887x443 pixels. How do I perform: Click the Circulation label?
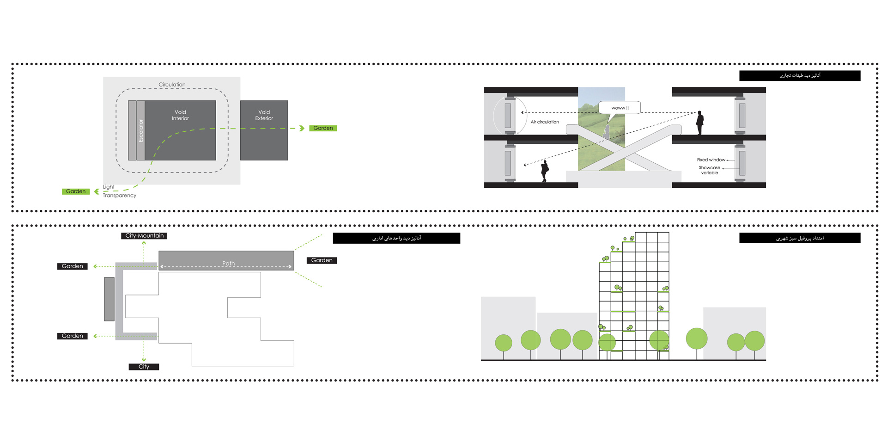click(x=172, y=85)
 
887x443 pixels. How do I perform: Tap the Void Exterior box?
click(x=264, y=130)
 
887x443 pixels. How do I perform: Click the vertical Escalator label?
click(x=141, y=130)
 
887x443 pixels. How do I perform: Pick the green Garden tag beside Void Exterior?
click(x=323, y=128)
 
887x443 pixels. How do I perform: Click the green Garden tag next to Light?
click(x=76, y=191)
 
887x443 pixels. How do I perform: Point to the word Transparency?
click(x=119, y=196)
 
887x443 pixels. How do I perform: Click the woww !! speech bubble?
click(x=620, y=108)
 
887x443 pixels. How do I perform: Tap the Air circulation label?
click(x=545, y=122)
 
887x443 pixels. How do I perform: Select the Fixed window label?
click(x=711, y=160)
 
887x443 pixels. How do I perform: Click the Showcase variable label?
click(x=710, y=170)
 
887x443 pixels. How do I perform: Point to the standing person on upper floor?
click(x=700, y=123)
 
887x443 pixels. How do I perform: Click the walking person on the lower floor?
click(x=545, y=171)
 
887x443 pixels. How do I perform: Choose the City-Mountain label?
click(x=144, y=236)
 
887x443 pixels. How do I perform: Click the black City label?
click(x=144, y=367)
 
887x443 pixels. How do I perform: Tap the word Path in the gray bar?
click(x=228, y=264)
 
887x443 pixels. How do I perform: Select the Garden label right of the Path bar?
click(x=322, y=260)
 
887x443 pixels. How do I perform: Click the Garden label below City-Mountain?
click(x=73, y=266)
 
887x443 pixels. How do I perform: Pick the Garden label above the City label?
click(x=73, y=336)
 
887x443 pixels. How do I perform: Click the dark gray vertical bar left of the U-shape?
click(x=109, y=299)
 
